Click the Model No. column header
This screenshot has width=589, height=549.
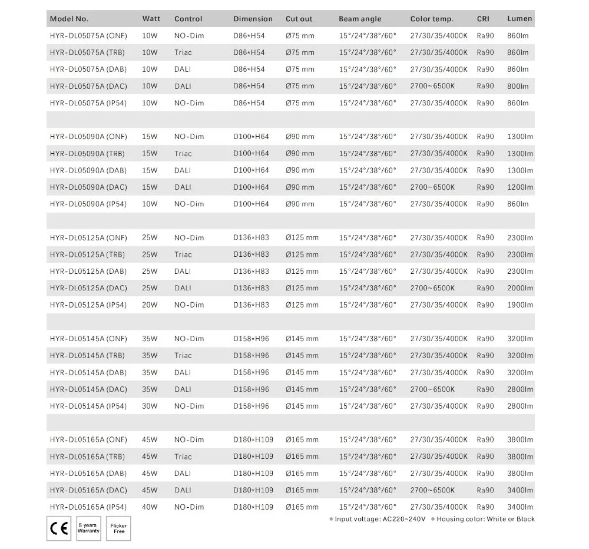click(x=69, y=19)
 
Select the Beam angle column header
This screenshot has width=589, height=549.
click(x=360, y=19)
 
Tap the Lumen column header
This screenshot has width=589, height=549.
click(x=519, y=19)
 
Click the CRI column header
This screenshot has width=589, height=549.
click(x=483, y=19)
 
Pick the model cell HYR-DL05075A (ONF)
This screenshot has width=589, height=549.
click(x=88, y=35)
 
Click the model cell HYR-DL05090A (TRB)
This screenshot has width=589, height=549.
click(x=87, y=153)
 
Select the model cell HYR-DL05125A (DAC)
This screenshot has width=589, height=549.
click(x=88, y=288)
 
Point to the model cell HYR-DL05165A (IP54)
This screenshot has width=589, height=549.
click(x=88, y=507)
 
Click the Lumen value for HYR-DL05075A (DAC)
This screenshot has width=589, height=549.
click(x=518, y=86)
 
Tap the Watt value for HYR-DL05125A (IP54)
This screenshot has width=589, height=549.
click(x=150, y=305)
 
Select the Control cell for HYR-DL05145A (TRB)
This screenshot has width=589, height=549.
click(x=183, y=356)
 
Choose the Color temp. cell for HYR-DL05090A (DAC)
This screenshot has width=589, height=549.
click(x=433, y=187)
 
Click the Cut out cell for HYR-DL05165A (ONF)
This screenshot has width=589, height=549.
click(x=302, y=440)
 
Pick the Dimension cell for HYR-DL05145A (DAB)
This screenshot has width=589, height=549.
click(x=251, y=372)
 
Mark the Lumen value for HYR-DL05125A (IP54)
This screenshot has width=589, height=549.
click(x=519, y=305)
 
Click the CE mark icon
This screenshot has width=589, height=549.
click(x=58, y=528)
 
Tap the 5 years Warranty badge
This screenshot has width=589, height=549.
click(x=88, y=528)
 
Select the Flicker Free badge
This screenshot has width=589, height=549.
click(x=119, y=528)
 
